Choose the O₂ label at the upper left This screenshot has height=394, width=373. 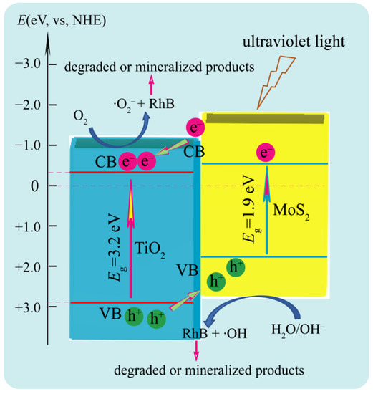point(81,114)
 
